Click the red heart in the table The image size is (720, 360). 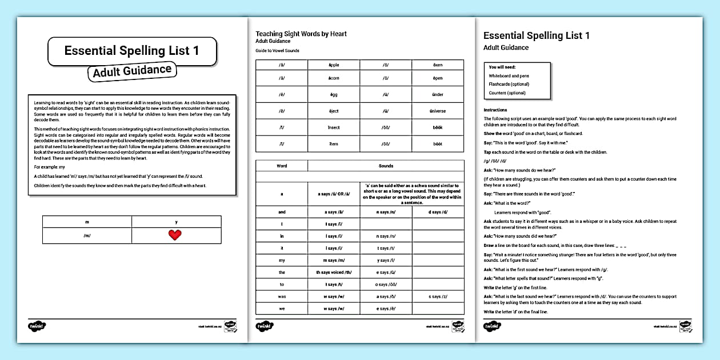click(175, 235)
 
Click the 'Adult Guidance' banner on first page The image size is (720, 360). click(132, 71)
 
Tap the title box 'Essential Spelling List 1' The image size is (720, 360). click(132, 50)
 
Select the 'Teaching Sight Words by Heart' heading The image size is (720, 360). click(301, 34)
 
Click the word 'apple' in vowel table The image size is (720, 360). click(334, 65)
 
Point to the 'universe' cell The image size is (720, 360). click(438, 111)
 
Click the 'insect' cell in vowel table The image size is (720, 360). click(334, 127)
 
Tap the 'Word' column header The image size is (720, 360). click(282, 166)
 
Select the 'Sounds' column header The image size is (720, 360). click(386, 166)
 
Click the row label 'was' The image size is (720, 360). click(282, 297)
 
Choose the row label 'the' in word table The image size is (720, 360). click(282, 273)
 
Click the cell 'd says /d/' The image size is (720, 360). click(438, 212)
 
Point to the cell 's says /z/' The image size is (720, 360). click(438, 297)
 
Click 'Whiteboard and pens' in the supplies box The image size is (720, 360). click(509, 75)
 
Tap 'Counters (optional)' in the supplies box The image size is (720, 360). click(507, 93)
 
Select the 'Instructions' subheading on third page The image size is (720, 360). click(495, 110)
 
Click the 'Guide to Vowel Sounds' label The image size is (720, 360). click(277, 51)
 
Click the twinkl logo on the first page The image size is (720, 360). click(37, 326)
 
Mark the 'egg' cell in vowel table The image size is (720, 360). click(334, 94)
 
